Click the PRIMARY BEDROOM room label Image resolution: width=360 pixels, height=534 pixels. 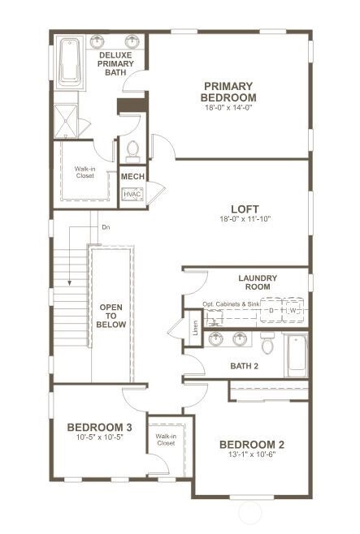coord(228,92)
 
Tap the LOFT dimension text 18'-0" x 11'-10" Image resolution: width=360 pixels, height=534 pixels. coord(245,218)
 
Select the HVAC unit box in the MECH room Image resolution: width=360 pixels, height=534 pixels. coord(132,194)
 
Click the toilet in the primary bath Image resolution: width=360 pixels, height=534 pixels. coord(132,152)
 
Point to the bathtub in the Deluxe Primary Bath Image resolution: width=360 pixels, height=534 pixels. coord(70,62)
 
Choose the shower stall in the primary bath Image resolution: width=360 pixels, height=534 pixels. coord(66,121)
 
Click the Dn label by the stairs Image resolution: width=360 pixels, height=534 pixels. coord(106,227)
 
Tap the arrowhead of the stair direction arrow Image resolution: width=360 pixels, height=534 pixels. coord(70,282)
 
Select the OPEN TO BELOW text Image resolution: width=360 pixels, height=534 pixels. coord(111,316)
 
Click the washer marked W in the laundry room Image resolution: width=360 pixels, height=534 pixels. coord(293,310)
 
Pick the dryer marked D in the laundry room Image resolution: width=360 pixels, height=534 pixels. coord(271,310)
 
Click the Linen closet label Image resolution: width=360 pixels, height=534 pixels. coord(195,328)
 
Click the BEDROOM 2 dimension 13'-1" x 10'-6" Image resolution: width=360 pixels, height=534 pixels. coord(252,454)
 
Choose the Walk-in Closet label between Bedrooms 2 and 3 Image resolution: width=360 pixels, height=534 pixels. coord(166,440)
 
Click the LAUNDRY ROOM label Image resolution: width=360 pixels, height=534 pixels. coord(258,282)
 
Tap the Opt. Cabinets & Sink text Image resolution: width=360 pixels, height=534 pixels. coord(231,304)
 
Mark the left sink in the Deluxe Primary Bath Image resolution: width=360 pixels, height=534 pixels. coord(98,41)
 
